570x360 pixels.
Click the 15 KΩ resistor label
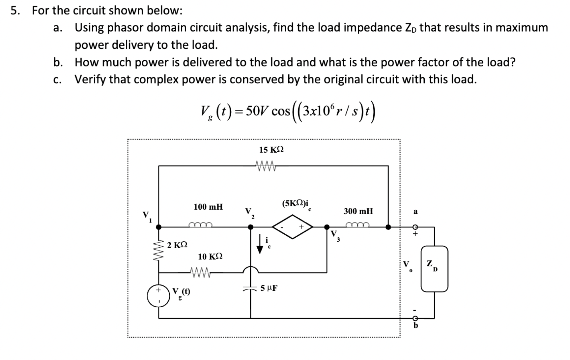click(271, 150)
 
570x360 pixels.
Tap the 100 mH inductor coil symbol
click(200, 225)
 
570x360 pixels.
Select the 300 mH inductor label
click(358, 211)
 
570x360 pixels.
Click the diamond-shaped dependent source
click(292, 227)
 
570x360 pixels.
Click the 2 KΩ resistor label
click(177, 245)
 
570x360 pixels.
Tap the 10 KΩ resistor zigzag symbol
click(200, 272)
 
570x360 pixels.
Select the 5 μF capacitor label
click(269, 288)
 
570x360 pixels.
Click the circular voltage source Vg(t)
click(158, 295)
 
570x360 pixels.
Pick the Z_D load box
click(434, 269)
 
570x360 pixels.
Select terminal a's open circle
click(415, 227)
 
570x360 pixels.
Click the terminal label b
click(416, 326)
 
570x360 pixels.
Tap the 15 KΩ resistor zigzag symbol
click(265, 164)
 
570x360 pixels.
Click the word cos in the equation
click(281, 111)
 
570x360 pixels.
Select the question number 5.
click(15, 11)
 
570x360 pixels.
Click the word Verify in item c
click(90, 79)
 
